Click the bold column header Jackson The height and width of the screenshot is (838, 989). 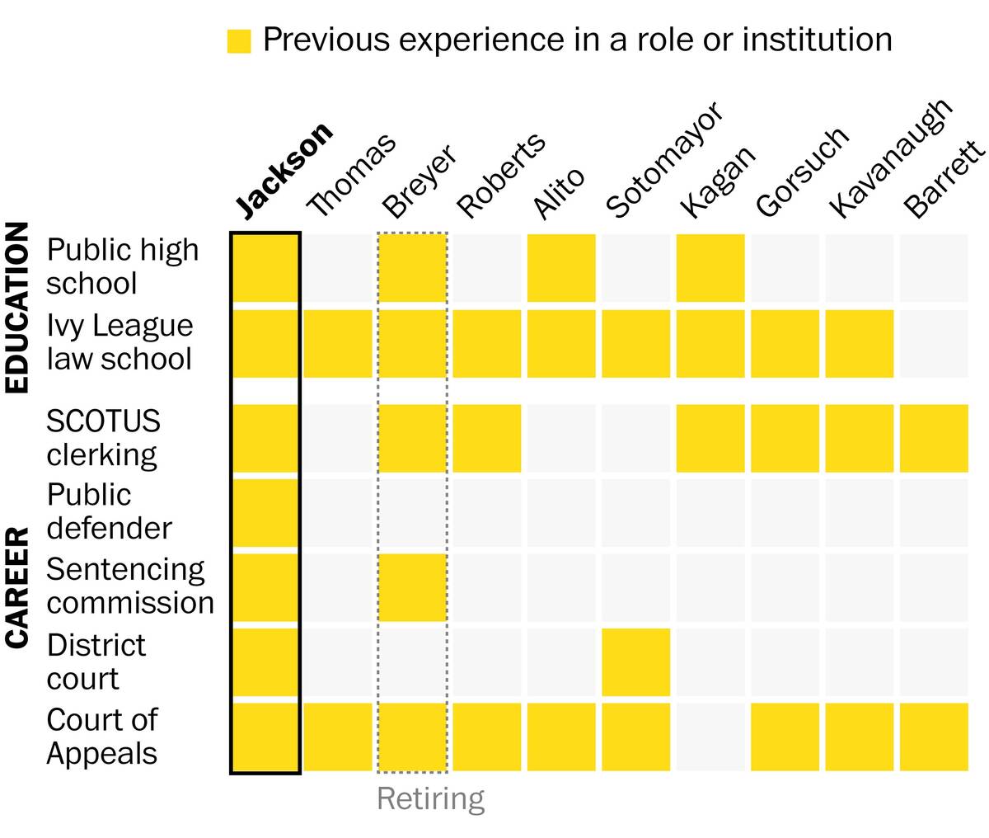tap(284, 171)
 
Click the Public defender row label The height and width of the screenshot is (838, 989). tap(109, 511)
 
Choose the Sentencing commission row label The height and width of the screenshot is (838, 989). tap(129, 586)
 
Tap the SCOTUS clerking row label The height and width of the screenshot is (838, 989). tap(103, 437)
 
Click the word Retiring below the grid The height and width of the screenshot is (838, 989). tap(430, 798)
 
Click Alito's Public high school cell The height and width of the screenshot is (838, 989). tap(561, 268)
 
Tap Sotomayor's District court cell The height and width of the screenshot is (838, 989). tap(635, 662)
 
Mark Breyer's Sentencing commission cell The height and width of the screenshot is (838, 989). tap(413, 587)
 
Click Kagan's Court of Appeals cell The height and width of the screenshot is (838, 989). tap(710, 737)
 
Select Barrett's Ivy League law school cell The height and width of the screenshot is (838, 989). tap(934, 344)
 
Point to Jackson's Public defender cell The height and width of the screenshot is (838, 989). tap(265, 512)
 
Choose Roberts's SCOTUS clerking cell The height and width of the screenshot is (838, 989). tap(487, 438)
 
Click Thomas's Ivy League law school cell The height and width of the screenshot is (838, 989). tap(338, 344)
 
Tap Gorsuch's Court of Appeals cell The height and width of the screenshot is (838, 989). tap(785, 737)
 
